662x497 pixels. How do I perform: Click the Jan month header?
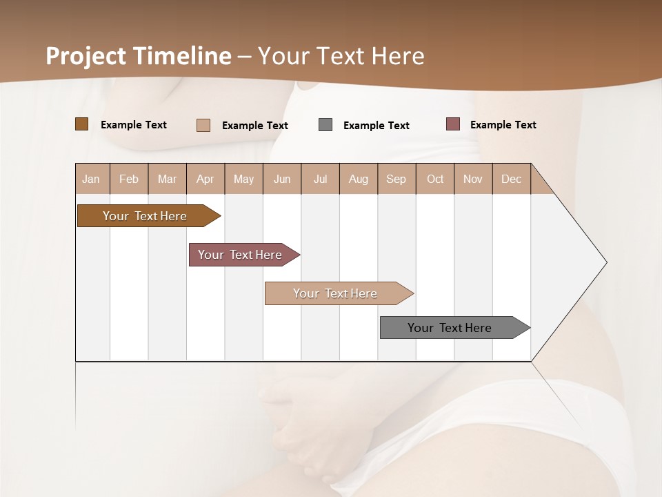[91, 179]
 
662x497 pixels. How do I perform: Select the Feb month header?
[129, 179]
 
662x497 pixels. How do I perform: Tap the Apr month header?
[205, 179]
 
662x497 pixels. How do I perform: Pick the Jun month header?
[282, 179]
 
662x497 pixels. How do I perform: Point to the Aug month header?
[358, 179]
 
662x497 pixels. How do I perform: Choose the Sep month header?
[396, 179]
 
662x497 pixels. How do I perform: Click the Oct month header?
[435, 179]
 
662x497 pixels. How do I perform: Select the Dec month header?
[511, 179]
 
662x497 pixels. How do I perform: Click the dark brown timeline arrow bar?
[145, 216]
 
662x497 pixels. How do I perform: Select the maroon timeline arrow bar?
[240, 255]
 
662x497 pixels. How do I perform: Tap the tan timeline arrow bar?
[335, 293]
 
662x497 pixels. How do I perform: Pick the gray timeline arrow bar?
[450, 328]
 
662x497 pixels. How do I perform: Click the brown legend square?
[81, 124]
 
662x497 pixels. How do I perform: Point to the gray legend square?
[325, 125]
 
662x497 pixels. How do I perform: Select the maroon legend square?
[452, 124]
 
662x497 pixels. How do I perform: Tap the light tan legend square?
[203, 126]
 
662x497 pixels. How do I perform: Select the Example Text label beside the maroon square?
[503, 125]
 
